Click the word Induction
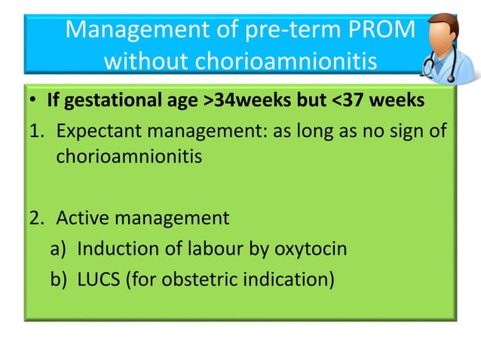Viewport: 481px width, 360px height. [x=112, y=249]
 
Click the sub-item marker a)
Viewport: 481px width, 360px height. [x=60, y=249]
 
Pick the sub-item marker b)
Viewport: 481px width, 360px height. [x=60, y=279]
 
